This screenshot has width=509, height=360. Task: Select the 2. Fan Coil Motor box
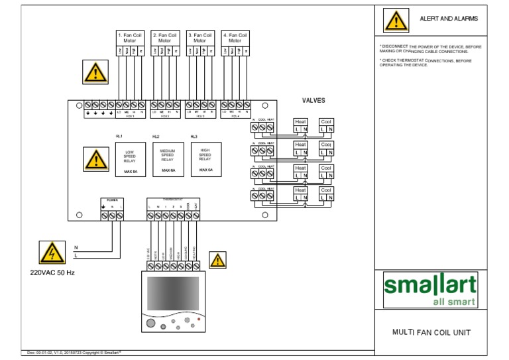[x=164, y=38]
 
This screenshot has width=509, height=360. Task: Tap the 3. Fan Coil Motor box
[x=199, y=38]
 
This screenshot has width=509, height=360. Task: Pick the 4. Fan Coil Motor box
[x=235, y=38]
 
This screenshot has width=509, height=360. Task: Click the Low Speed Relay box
[x=130, y=160]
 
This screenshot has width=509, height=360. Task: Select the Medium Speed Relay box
[x=168, y=160]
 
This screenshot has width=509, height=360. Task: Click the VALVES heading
[x=313, y=101]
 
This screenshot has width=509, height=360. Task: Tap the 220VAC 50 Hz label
[x=52, y=272]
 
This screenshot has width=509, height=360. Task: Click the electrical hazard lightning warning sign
[x=50, y=253]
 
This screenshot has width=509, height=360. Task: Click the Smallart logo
[x=430, y=290]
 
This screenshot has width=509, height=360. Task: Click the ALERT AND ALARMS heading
[x=449, y=19]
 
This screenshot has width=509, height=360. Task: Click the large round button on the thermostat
[x=150, y=324]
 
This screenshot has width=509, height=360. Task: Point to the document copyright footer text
[x=74, y=352]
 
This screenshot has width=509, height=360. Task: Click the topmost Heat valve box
[x=301, y=125]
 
